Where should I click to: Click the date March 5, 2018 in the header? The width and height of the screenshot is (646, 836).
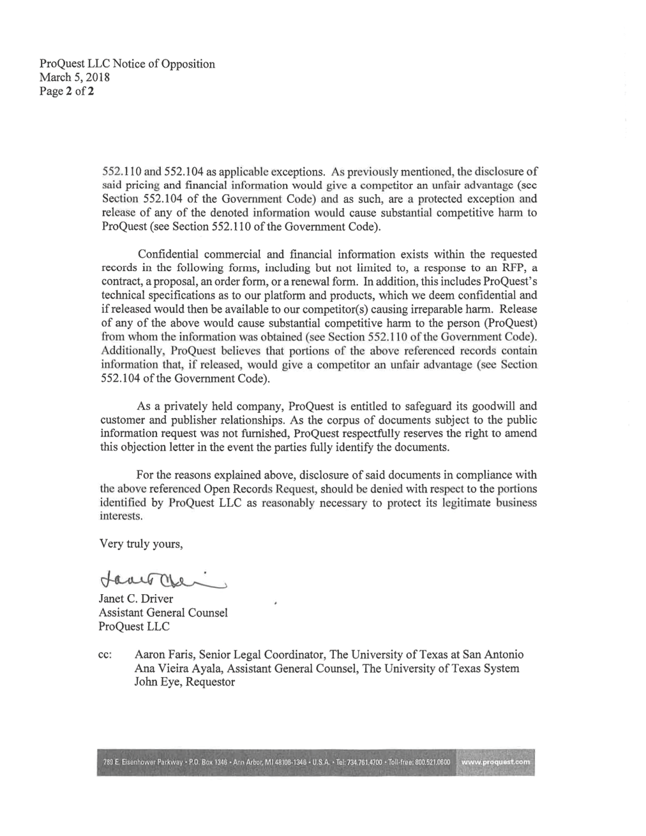(x=75, y=78)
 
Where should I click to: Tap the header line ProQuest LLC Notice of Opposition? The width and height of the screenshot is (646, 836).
(x=127, y=64)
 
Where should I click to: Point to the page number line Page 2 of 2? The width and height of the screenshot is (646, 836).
(x=67, y=91)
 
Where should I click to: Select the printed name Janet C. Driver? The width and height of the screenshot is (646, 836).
(x=135, y=599)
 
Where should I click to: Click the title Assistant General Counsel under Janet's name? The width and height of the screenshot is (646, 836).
(x=163, y=613)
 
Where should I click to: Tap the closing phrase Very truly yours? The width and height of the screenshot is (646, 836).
(x=141, y=544)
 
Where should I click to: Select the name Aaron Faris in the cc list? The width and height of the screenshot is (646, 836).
(x=163, y=655)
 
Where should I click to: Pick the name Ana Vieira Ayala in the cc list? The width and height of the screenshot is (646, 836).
(x=177, y=669)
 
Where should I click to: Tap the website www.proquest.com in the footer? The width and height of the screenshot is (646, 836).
(x=495, y=762)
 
